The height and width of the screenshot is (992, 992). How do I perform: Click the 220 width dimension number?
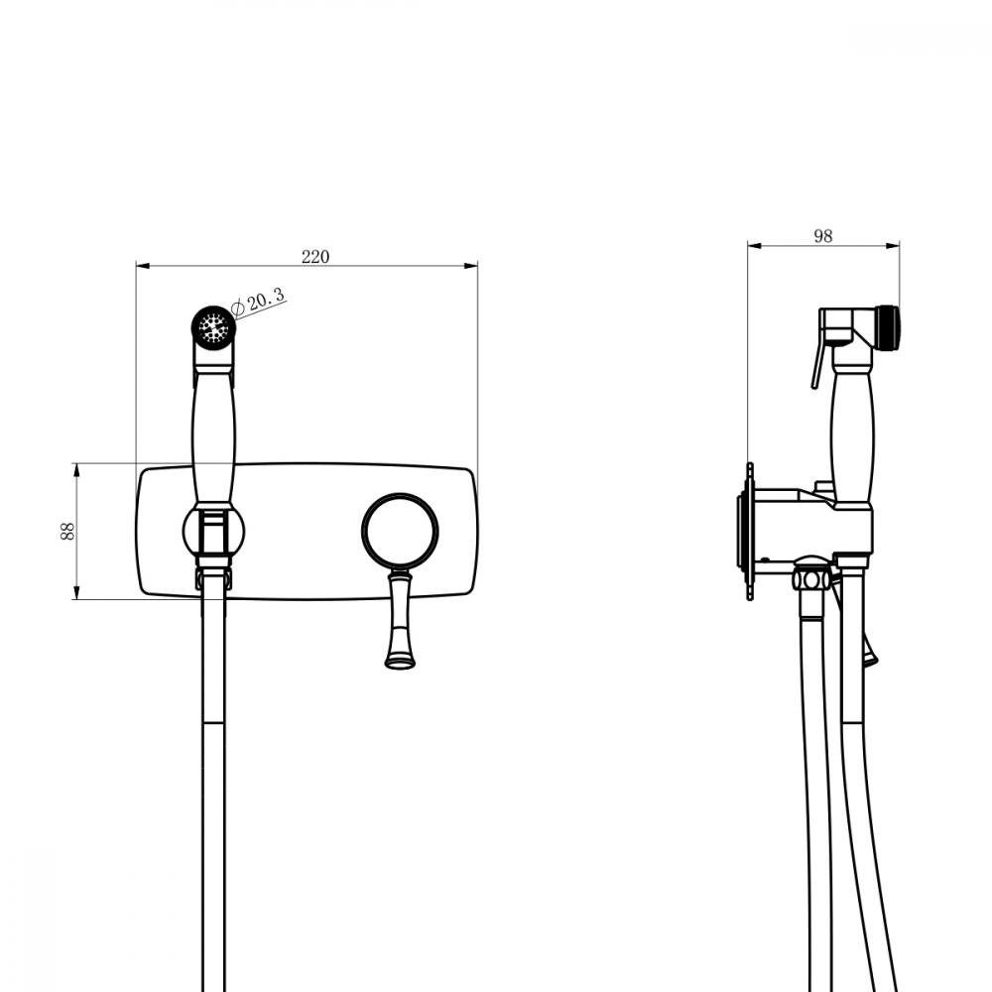(x=315, y=256)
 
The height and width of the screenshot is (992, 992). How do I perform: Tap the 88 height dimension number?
(x=67, y=531)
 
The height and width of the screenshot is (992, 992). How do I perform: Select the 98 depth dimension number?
(x=823, y=236)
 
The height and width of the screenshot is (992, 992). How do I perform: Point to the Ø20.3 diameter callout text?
(x=259, y=302)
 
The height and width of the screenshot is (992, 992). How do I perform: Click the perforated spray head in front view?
(x=214, y=327)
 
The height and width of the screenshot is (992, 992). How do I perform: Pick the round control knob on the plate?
(x=400, y=532)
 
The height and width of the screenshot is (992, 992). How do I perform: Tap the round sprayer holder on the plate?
(x=214, y=530)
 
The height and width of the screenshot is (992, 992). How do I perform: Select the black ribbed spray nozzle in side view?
(x=888, y=327)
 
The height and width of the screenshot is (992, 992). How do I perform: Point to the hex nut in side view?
(x=811, y=579)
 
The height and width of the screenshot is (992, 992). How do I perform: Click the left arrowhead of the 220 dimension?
(x=143, y=266)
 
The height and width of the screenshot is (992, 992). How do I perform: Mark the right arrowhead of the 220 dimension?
(x=470, y=266)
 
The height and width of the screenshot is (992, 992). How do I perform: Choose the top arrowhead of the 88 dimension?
(x=76, y=470)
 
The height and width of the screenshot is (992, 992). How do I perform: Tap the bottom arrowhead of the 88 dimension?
(x=76, y=592)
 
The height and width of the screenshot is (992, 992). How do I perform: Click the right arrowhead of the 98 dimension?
(x=893, y=245)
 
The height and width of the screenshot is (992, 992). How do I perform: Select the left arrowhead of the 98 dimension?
(x=754, y=245)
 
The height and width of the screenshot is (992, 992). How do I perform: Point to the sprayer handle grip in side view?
(x=852, y=436)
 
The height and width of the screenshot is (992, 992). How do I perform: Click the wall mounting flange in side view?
(x=750, y=532)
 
